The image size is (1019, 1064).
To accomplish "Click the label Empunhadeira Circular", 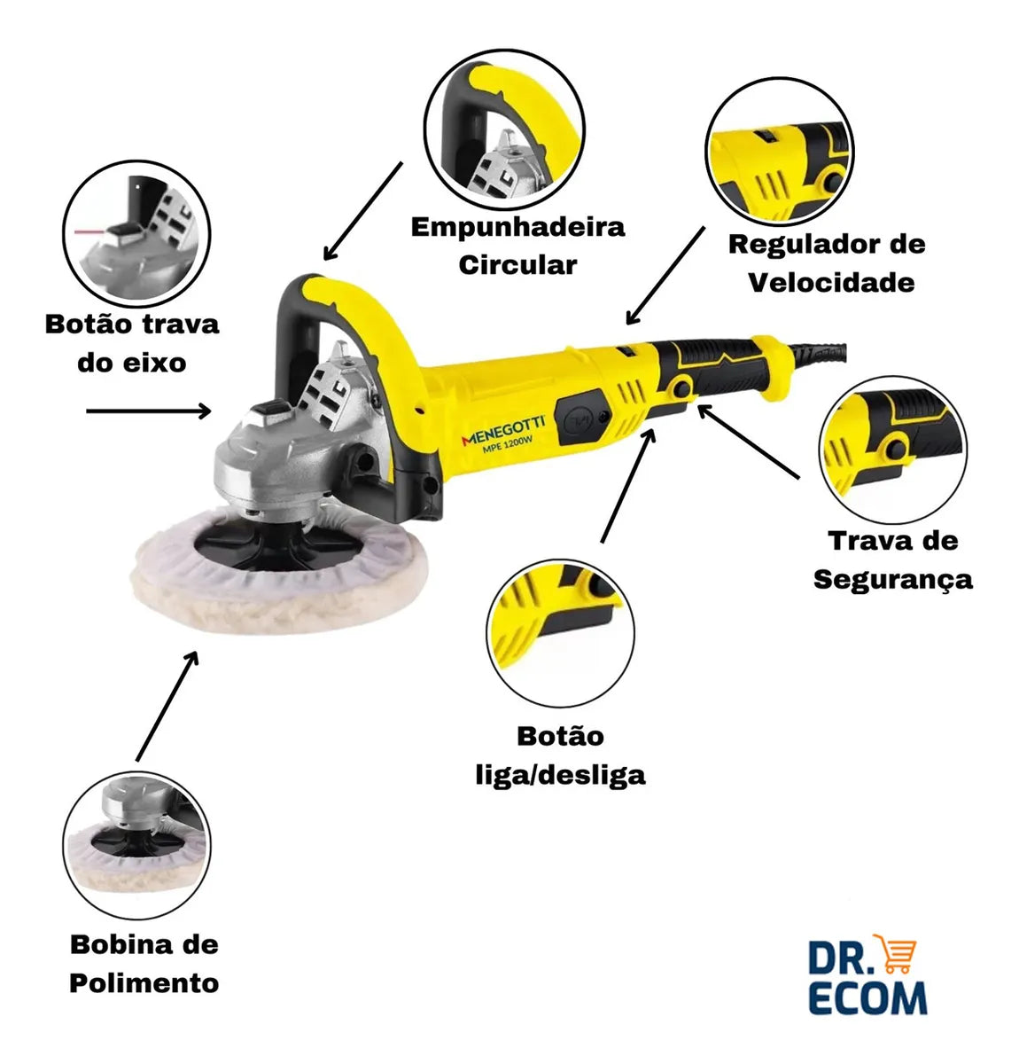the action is point(517,246).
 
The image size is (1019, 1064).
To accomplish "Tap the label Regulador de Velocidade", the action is point(827,263).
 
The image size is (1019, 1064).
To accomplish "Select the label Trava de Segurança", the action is point(893,559).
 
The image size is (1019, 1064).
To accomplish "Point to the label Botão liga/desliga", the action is point(560,755).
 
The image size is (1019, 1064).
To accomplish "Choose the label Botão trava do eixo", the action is point(132,343).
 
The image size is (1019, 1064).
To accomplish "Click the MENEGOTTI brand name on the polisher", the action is point(502,430).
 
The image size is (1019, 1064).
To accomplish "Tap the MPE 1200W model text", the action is point(507,446).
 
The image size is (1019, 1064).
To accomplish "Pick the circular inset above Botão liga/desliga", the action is point(560,633).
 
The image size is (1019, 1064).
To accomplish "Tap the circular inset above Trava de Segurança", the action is point(893,450).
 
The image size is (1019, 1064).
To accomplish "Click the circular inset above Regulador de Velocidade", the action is point(780,152).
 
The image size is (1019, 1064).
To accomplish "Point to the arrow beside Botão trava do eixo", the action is point(149,411).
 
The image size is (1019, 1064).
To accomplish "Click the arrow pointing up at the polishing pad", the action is point(167,706).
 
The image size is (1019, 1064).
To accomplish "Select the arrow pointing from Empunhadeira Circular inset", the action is point(362,210).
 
